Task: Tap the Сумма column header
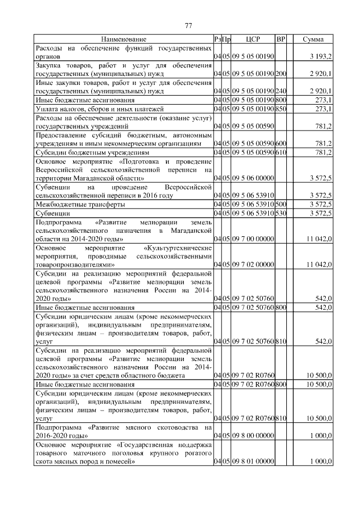[313, 39]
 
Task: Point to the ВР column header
[281, 39]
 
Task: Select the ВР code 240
[281, 91]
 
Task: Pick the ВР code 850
[281, 109]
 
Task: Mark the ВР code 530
[281, 214]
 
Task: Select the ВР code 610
[281, 152]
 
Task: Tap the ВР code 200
[281, 74]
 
